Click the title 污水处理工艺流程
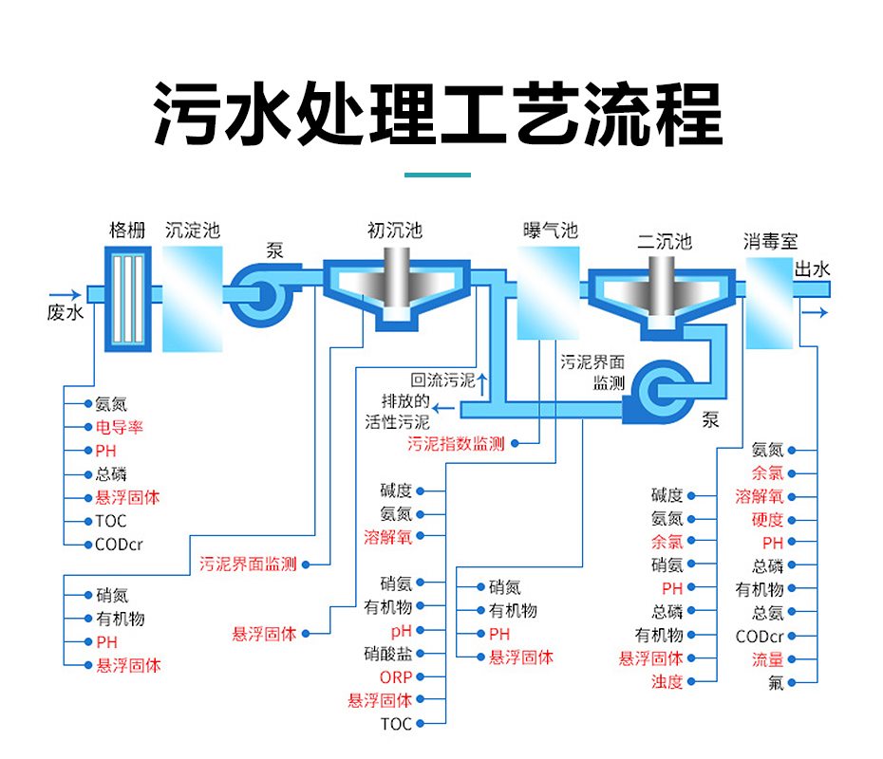pyautogui.click(x=439, y=114)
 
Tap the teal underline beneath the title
pyautogui.click(x=438, y=175)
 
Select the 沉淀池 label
pyautogui.click(x=192, y=231)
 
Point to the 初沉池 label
pyautogui.click(x=394, y=231)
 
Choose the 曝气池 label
pyautogui.click(x=550, y=231)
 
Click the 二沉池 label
pyautogui.click(x=665, y=242)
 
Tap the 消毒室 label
pyautogui.click(x=770, y=242)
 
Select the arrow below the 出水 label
pyautogui.click(x=815, y=311)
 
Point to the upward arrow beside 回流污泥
pyautogui.click(x=482, y=382)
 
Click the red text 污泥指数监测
pyautogui.click(x=456, y=443)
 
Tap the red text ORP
pyautogui.click(x=396, y=677)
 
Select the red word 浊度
pyautogui.click(x=667, y=681)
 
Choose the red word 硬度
pyautogui.click(x=767, y=520)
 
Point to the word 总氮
pyautogui.click(x=767, y=613)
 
